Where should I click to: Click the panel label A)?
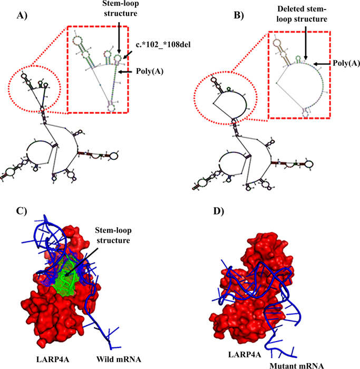[22, 15]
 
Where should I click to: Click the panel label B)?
[238, 15]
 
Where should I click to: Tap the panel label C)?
[22, 211]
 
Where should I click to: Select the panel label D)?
[218, 211]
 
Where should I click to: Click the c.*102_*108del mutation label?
[163, 44]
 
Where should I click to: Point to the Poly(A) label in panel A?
[150, 71]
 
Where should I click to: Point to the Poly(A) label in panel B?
[346, 63]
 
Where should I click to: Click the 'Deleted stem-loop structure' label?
[302, 14]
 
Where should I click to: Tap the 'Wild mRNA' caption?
[119, 360]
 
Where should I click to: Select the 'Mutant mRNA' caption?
[296, 366]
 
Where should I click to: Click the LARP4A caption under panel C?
[53, 360]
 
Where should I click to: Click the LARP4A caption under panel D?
[245, 354]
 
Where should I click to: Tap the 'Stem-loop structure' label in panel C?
[113, 235]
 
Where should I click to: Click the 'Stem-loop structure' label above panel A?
[121, 8]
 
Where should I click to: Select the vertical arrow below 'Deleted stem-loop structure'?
[305, 43]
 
